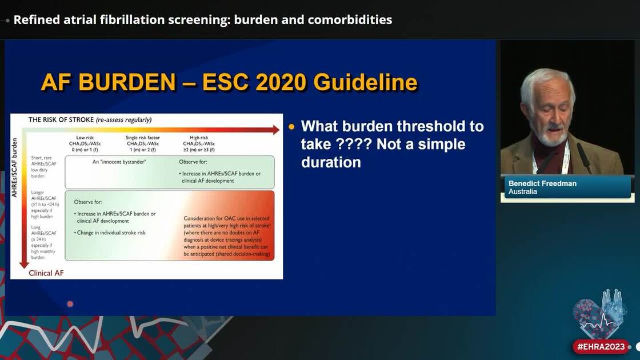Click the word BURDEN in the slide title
(x=127, y=83)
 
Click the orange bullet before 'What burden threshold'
(x=293, y=127)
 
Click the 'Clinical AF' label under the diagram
(x=46, y=273)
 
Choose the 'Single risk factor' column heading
(x=143, y=138)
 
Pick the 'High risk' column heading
(x=199, y=138)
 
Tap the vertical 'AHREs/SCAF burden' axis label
(x=15, y=168)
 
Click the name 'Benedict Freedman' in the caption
(x=542, y=183)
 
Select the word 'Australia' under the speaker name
(x=523, y=192)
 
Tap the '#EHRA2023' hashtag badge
(x=601, y=347)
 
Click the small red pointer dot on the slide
(x=70, y=304)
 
